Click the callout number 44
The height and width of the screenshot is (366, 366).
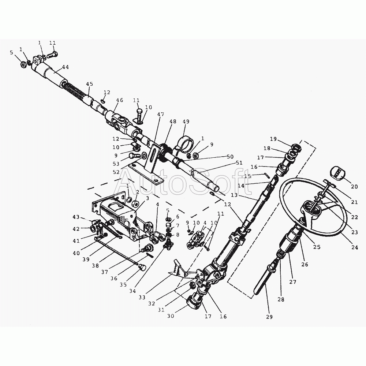[66, 67]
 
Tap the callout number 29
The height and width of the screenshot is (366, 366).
[269, 317]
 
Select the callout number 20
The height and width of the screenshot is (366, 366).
[354, 187]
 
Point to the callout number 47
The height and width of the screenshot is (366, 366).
[160, 114]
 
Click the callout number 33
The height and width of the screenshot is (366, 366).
[142, 297]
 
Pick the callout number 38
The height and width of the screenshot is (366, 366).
[95, 265]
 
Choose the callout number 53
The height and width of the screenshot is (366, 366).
[116, 164]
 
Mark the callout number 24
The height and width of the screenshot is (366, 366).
[354, 247]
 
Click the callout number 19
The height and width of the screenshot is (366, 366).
[273, 139]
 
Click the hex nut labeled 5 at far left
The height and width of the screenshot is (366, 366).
[23, 64]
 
